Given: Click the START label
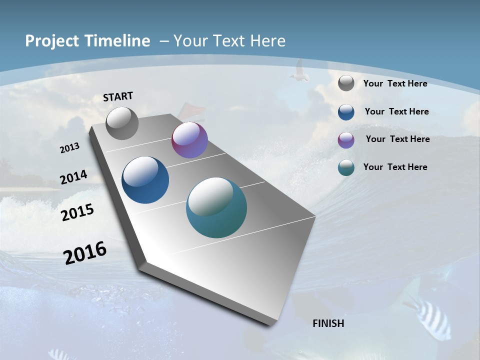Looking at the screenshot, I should point(118,96).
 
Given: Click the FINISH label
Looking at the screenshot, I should point(328,323).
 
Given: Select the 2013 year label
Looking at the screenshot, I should point(70,148).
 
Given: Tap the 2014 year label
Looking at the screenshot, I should point(73,177).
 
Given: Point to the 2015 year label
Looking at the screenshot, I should point(77,212).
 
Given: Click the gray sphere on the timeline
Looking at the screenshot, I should point(122,123).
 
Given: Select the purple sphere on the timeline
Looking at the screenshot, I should point(189,140).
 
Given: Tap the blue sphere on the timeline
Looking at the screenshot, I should point(145,180).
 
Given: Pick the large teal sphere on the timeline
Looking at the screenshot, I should point(216,207).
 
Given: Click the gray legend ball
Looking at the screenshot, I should point(346,83).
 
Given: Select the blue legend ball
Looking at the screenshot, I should point(346,112).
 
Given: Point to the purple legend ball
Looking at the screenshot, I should point(346,140).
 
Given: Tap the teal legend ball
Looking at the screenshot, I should point(346,167).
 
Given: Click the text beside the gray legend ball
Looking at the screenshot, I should point(395,83).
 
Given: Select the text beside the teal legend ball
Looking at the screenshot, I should point(395,167).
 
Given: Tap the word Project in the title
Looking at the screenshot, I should point(50,41).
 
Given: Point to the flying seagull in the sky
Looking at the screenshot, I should point(299,71).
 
